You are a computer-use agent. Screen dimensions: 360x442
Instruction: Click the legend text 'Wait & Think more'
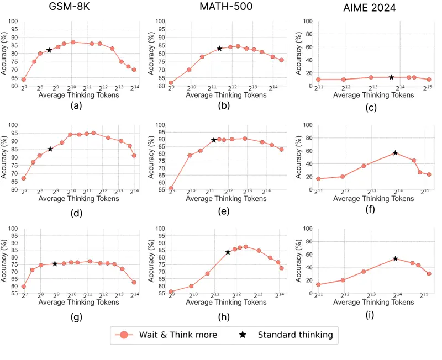[x=178, y=335]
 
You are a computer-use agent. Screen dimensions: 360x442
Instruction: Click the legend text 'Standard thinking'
[x=295, y=335]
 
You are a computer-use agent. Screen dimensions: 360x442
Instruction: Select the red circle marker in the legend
[x=124, y=335]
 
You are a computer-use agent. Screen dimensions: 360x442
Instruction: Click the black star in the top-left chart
[x=49, y=50]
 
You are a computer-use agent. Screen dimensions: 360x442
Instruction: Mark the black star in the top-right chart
[x=391, y=77]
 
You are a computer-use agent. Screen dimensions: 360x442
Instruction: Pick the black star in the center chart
[x=214, y=140]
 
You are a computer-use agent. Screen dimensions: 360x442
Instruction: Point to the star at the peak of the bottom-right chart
[x=396, y=258]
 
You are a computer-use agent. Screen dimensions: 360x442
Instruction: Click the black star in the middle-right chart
[x=396, y=152]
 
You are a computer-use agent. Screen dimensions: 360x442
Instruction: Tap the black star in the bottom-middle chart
[x=228, y=252]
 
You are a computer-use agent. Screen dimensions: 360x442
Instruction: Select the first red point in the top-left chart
[x=24, y=80]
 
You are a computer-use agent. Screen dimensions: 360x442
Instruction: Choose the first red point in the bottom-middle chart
[x=171, y=292]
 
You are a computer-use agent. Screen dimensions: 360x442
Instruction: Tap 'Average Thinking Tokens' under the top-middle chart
[x=226, y=95]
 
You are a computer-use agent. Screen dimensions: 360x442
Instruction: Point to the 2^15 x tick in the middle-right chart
[x=426, y=192]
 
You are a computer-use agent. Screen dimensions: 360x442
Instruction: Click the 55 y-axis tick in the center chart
[x=160, y=189]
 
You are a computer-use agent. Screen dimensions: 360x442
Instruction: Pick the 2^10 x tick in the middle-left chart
[x=71, y=192]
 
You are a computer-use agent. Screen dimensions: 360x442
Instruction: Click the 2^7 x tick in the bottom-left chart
[x=24, y=296]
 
